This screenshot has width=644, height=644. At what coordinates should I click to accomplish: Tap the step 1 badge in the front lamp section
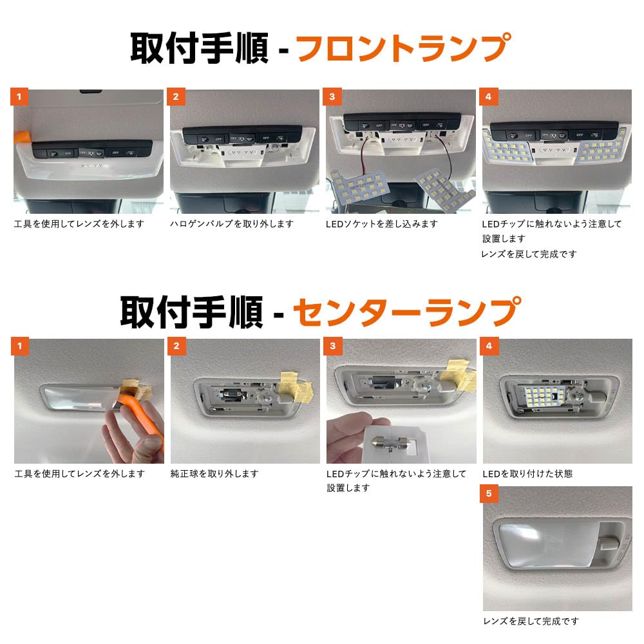[x=19, y=97]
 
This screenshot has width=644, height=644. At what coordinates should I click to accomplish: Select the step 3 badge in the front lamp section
[x=332, y=97]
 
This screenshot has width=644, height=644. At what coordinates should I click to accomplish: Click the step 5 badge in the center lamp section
[x=489, y=493]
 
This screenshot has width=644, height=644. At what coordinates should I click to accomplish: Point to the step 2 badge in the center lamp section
[x=176, y=346]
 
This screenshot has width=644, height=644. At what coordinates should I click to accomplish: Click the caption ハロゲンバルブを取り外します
[x=232, y=224]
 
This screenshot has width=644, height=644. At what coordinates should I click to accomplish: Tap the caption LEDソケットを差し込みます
[x=382, y=224]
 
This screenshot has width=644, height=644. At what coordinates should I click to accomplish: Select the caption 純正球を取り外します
[x=214, y=473]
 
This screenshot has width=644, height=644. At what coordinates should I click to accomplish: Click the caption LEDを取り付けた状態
[x=527, y=473]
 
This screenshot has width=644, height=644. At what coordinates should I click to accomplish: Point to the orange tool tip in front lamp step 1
[x=22, y=137]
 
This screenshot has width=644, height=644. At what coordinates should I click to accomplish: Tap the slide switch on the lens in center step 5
[x=609, y=544]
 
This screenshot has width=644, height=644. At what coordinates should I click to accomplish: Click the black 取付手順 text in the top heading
[x=199, y=48]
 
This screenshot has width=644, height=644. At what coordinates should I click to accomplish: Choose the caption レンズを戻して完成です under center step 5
[x=531, y=621]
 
